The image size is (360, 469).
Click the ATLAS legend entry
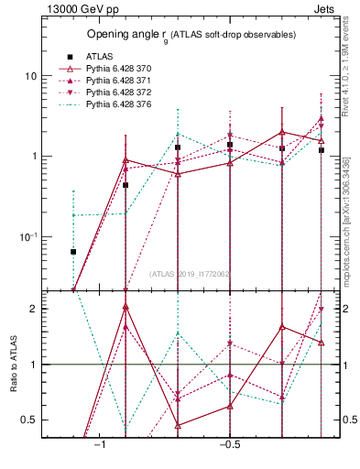(101, 56)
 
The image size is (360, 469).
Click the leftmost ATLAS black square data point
(73, 251)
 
